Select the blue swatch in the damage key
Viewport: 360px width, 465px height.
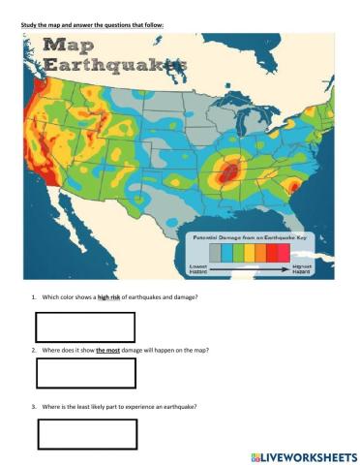pos(234,252)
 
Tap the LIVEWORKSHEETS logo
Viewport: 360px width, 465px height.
pos(303,454)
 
